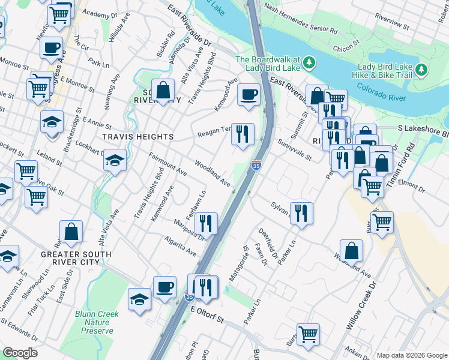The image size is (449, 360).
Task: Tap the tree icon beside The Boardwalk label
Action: (x=309, y=62)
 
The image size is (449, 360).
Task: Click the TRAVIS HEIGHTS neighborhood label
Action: (x=137, y=137)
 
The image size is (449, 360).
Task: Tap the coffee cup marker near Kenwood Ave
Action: (x=248, y=94)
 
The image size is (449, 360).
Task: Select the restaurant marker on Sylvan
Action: (x=301, y=212)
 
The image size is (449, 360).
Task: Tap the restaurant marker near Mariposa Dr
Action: (x=206, y=223)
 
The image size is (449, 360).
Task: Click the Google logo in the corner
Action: (x=20, y=352)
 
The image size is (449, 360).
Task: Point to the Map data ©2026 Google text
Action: (x=411, y=355)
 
